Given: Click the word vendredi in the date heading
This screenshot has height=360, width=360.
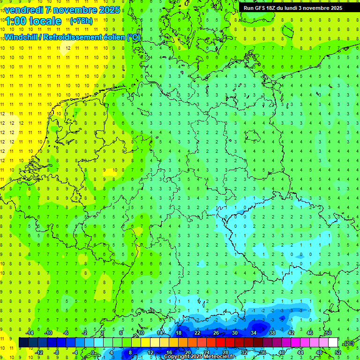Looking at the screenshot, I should tap(24, 10).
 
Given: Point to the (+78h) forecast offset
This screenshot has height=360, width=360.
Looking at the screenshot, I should tap(81, 21).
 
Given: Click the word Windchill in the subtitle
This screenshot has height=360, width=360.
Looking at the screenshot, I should tap(22, 37).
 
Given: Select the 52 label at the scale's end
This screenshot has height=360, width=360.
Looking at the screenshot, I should tap(337, 352).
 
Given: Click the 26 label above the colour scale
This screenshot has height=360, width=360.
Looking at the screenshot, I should tap(216, 333).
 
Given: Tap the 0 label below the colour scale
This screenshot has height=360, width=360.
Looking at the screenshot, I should tap(93, 352).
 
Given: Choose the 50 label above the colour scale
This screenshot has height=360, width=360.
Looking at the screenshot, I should tap(329, 333).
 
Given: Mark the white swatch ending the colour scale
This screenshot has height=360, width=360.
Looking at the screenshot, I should tap(333, 342).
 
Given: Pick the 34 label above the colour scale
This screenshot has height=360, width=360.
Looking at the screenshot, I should tap(254, 333).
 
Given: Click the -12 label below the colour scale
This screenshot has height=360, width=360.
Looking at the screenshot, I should tap(39, 352).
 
